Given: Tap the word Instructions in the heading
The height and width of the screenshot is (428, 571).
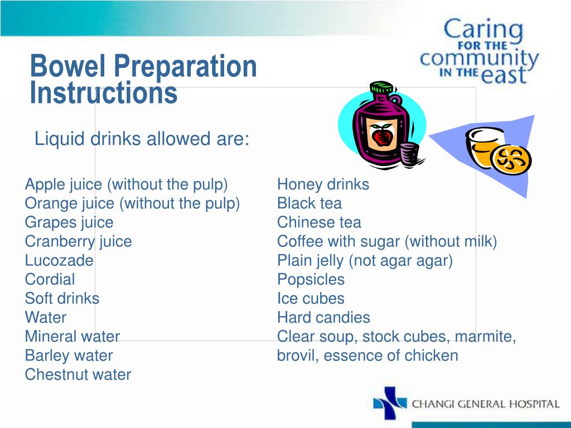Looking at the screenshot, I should click(x=104, y=93).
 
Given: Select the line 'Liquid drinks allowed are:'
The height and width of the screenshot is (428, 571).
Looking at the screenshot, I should click(x=142, y=139).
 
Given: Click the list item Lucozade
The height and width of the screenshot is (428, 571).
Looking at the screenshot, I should click(x=59, y=260).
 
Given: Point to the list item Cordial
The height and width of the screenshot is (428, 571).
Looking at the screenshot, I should click(x=50, y=279).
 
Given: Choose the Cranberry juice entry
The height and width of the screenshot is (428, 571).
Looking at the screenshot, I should click(x=78, y=241).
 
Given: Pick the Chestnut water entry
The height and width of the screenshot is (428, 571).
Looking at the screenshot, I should click(x=78, y=374).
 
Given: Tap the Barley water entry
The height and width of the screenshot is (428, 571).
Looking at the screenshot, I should click(x=69, y=356).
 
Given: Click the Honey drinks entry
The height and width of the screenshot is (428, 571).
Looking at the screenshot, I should click(x=323, y=184).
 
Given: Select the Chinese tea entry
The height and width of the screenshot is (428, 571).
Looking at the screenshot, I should click(x=319, y=222).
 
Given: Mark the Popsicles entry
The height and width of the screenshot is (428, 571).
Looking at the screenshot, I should click(x=311, y=279).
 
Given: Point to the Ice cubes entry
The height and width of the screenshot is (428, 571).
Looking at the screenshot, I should click(x=311, y=298).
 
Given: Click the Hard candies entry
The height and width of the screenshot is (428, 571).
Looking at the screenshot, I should click(x=323, y=318).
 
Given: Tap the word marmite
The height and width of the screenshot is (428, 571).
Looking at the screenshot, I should click(x=485, y=337).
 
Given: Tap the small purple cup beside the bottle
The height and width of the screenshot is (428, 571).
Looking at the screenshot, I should click(x=409, y=153).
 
